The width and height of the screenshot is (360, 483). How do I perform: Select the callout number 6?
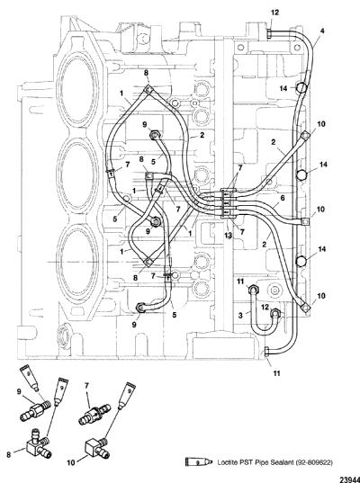(x=283, y=198)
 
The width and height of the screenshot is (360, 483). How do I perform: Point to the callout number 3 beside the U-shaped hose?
(x=240, y=316)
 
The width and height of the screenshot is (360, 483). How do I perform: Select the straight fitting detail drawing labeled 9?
(x=35, y=410)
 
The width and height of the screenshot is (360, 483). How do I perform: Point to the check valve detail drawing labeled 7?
(x=94, y=415)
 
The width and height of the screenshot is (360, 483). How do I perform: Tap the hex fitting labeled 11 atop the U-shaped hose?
(x=254, y=290)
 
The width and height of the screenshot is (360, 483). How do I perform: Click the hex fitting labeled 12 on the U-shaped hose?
(x=275, y=314)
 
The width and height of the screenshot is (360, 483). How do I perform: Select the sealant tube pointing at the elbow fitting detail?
(x=127, y=395)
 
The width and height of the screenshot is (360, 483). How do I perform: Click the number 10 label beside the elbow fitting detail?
(x=71, y=462)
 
